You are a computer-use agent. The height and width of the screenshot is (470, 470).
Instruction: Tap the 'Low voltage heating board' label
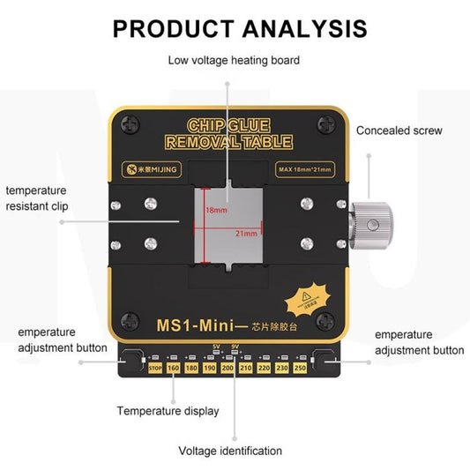click(234, 61)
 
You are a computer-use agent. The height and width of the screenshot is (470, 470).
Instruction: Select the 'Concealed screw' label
click(399, 131)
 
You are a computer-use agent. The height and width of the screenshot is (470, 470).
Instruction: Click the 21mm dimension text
click(248, 234)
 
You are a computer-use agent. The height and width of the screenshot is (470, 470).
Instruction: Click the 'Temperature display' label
click(168, 411)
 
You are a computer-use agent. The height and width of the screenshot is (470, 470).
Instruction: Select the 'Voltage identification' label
click(230, 451)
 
